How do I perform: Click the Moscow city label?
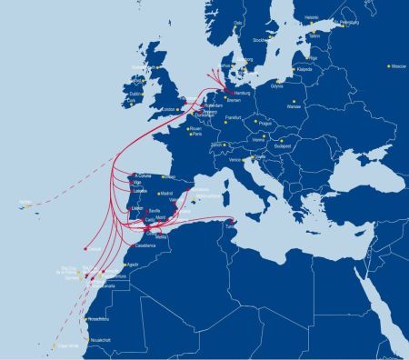click(x=398, y=67)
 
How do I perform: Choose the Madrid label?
click(x=165, y=194)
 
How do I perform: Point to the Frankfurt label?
click(x=235, y=118)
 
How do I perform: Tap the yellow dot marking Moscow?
click(x=388, y=65)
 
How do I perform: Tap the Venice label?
click(x=236, y=158)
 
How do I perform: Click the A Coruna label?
click(x=144, y=175)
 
